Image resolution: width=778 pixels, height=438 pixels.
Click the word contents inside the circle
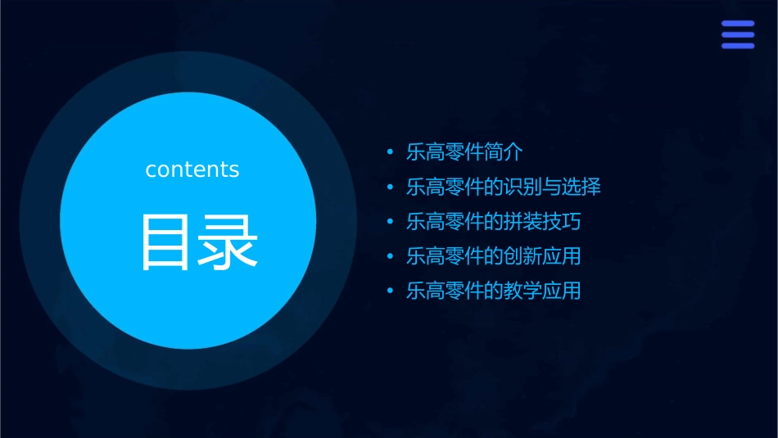pos(192,169)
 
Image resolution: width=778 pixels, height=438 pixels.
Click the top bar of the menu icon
pos(737,24)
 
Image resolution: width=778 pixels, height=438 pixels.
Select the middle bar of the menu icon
pos(737,34)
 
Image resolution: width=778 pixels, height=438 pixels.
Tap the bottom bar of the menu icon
pos(737,45)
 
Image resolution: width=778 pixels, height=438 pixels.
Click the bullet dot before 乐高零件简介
pos(391,152)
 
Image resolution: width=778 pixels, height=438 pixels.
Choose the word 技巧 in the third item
pos(562,221)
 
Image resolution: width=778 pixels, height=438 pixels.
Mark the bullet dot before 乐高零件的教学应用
pos(391,291)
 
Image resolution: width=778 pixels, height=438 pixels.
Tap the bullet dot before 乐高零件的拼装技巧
pos(391,221)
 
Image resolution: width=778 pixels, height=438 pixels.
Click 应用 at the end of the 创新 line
pos(562,255)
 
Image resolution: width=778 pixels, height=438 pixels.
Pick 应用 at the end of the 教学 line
pos(562,291)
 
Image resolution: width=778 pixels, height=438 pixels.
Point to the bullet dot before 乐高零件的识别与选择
pos(391,187)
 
